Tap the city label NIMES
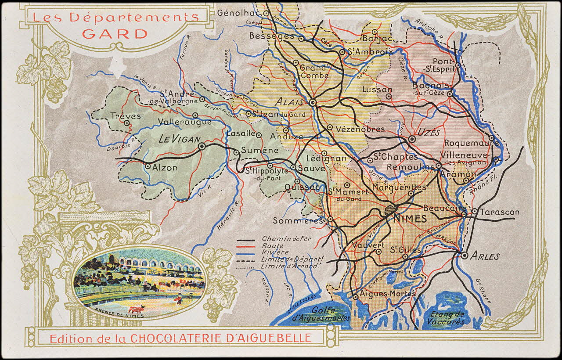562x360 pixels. click(409, 219)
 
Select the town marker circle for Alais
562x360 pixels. click(313, 102)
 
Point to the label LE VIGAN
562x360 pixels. click(177, 139)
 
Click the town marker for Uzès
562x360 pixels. click(412, 139)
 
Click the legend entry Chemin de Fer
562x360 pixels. click(280, 238)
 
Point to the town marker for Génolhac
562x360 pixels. click(266, 13)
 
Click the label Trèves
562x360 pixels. click(126, 116)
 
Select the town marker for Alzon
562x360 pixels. click(148, 166)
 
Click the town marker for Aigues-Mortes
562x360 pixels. click(355, 297)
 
